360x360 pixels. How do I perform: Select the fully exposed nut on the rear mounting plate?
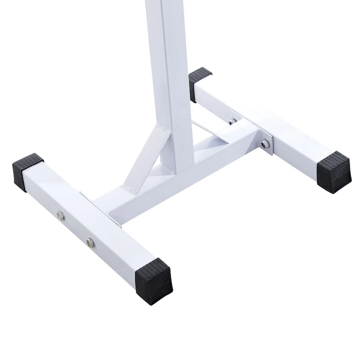(266, 143)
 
